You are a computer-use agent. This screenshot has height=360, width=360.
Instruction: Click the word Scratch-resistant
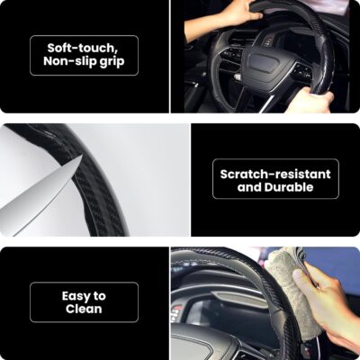274,172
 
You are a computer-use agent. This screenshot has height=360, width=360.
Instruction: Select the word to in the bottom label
99,295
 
